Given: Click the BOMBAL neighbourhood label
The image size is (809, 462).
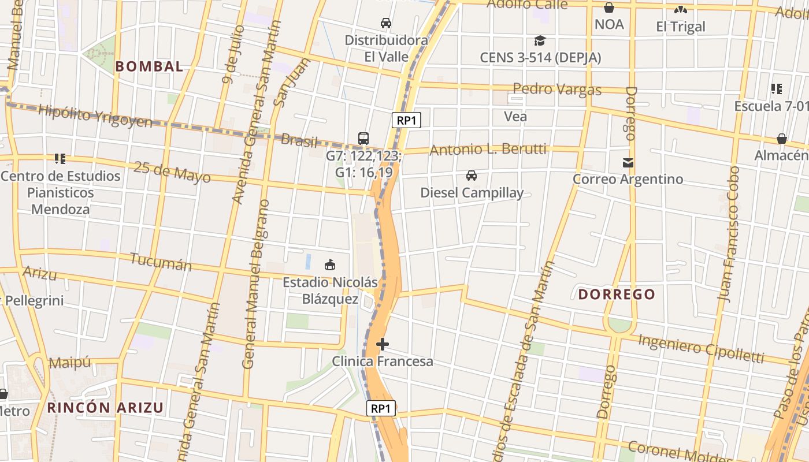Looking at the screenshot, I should point(149,66).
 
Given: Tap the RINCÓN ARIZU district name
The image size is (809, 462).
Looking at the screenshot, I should point(105,408).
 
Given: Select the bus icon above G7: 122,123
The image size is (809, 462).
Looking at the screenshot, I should point(363,139).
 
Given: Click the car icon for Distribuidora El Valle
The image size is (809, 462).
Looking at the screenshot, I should point(386,23).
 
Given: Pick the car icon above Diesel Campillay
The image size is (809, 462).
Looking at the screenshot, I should point(472,176).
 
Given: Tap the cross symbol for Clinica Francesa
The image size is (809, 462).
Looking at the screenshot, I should point(383,344).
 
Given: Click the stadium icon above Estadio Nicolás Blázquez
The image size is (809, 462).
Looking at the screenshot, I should point(330,265).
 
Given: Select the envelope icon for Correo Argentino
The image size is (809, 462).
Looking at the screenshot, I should point(628,163).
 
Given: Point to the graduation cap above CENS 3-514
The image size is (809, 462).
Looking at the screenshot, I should point(540,40).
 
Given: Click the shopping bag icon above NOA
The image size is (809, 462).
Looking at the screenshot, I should point(609,8).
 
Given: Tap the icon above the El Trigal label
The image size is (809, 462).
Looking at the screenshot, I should point(681,10).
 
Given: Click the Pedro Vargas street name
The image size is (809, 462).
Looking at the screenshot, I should point(557,90).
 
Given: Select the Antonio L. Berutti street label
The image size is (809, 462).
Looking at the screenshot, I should point(488,150).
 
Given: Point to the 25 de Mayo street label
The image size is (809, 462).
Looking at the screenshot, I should point(172,172).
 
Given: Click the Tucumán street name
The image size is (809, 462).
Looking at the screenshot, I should point(161,262).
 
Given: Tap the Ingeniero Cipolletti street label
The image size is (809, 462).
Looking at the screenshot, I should point(701,348).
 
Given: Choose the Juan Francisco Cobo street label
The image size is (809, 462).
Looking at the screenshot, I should point(728,233).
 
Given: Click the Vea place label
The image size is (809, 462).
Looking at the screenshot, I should point(515,117).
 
